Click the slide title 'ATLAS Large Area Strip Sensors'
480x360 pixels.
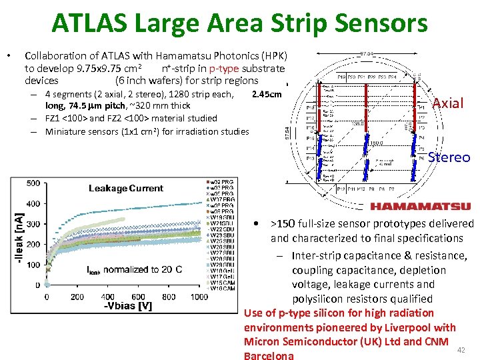click(x=240, y=25)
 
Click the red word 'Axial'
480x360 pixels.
click(x=448, y=103)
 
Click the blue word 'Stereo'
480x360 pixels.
click(x=449, y=157)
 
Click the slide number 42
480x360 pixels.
click(x=464, y=350)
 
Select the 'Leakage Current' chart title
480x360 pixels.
click(x=126, y=189)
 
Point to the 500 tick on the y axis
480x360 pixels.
click(x=31, y=183)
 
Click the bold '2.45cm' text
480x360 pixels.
click(x=267, y=94)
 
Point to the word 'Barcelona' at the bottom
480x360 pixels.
click(x=269, y=355)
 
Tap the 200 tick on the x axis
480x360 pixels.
click(x=77, y=297)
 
